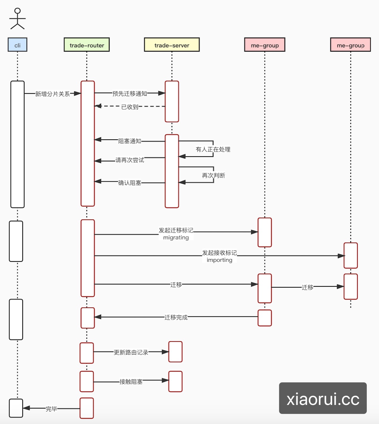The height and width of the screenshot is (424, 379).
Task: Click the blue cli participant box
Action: coord(17,45)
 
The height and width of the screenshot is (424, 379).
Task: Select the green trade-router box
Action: coord(87,45)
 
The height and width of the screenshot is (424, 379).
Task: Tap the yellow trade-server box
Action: coord(172,45)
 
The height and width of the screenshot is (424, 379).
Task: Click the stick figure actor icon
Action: coord(17,19)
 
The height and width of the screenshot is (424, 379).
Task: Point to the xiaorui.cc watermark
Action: coord(323,398)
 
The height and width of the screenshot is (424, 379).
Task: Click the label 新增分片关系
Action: coord(52,94)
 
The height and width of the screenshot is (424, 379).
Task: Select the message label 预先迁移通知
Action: coord(130,93)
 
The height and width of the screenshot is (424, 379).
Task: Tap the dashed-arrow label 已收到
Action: coord(130,107)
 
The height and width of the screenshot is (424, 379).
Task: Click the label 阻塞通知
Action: coord(130,141)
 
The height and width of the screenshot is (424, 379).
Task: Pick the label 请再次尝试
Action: coord(130,160)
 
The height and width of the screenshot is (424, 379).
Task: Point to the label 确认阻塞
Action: coord(130,183)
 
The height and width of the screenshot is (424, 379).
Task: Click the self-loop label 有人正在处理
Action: coord(213,149)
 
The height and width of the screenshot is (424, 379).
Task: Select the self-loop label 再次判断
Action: coord(214,175)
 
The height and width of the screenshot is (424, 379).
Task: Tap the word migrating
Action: coord(176,238)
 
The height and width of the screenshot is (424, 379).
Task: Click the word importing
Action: coord(219,260)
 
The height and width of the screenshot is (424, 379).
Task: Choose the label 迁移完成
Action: coord(176,317)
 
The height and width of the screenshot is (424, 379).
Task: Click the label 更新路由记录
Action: coord(131,352)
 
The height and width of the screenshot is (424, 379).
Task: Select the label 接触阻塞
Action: coord(131,381)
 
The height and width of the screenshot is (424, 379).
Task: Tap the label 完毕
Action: coord(51,409)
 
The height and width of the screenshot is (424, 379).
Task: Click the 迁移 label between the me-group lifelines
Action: coord(307,287)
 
